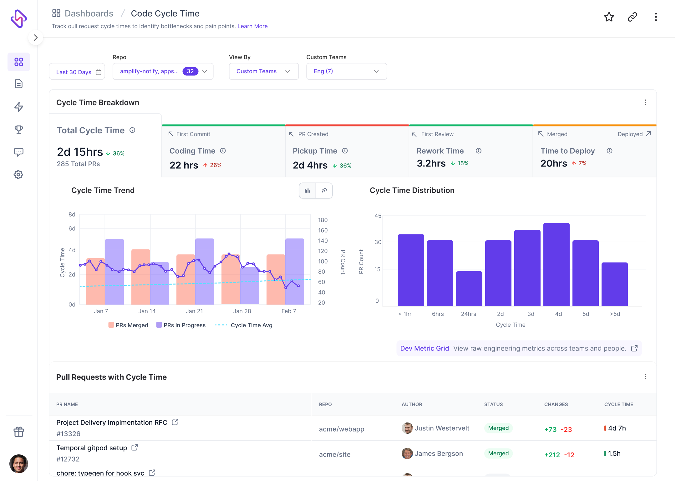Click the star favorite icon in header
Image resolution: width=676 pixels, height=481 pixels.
click(x=609, y=17)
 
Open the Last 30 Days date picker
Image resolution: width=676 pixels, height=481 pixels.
click(x=77, y=72)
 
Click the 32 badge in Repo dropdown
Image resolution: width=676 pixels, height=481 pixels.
click(x=190, y=71)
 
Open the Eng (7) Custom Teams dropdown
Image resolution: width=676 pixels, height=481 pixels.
click(x=346, y=71)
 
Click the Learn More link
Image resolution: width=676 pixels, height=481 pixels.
click(x=252, y=26)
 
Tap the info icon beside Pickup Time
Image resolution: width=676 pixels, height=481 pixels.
click(x=345, y=151)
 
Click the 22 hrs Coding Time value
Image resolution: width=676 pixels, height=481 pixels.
click(x=184, y=165)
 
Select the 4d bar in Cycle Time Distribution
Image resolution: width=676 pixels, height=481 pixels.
click(x=556, y=264)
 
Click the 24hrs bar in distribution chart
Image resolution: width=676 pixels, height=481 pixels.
click(x=469, y=289)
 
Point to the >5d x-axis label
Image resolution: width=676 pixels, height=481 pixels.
click(x=615, y=314)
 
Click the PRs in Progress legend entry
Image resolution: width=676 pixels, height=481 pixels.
click(x=181, y=325)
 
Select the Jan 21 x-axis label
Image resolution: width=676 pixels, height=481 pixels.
click(x=194, y=311)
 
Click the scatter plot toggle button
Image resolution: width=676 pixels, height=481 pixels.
click(x=324, y=190)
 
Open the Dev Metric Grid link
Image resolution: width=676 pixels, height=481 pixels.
click(x=424, y=348)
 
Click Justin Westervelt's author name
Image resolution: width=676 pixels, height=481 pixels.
click(x=442, y=428)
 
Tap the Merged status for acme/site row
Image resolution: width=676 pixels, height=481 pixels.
click(x=498, y=453)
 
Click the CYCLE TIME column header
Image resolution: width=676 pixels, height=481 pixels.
click(x=618, y=404)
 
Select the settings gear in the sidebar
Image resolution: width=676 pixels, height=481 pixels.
click(x=18, y=175)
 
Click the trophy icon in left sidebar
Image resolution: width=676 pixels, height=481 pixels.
click(x=18, y=129)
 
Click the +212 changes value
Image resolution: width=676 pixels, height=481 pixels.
click(x=552, y=455)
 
